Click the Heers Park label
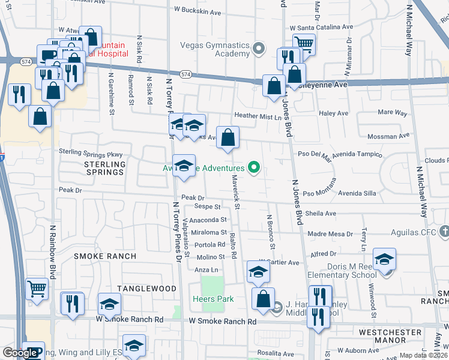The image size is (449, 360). pyautogui.click(x=212, y=299)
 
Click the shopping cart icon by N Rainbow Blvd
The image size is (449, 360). pyautogui.click(x=37, y=289)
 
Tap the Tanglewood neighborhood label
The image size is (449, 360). pyautogui.click(x=146, y=289)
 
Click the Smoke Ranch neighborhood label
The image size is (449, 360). pyautogui.click(x=105, y=256)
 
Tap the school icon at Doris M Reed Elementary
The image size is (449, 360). pyautogui.click(x=384, y=259)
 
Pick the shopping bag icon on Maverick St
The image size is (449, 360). pyautogui.click(x=228, y=138)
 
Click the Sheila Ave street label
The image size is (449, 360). pyautogui.click(x=321, y=214)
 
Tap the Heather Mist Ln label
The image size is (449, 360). pyautogui.click(x=258, y=117)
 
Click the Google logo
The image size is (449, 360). pyautogui.click(x=19, y=353)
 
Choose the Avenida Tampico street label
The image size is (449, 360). pyautogui.click(x=358, y=154)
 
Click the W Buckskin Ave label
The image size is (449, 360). pyautogui.click(x=197, y=10)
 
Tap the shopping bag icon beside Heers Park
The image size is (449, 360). pyautogui.click(x=263, y=299)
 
